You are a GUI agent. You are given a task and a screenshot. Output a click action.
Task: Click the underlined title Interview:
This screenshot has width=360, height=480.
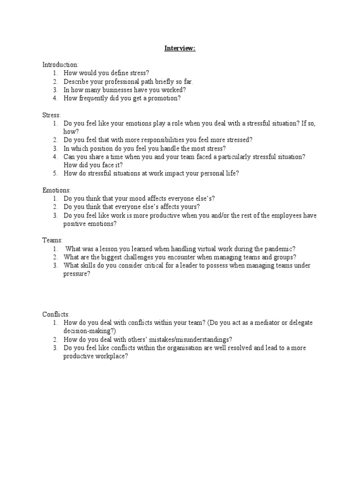pos(180,48)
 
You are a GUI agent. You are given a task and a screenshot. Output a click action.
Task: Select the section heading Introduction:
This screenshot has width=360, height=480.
pos(60,65)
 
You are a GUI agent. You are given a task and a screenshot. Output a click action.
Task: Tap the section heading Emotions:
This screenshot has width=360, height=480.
pos(57,190)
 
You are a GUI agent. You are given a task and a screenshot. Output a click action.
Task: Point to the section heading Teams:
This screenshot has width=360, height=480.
pos(52,240)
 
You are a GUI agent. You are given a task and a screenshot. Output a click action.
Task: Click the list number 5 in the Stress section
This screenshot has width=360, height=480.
pos(55,173)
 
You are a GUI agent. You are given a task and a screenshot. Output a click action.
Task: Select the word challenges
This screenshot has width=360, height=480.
pos(131,257)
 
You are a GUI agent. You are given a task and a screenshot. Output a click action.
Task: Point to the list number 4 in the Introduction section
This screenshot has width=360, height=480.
pos(55,98)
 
